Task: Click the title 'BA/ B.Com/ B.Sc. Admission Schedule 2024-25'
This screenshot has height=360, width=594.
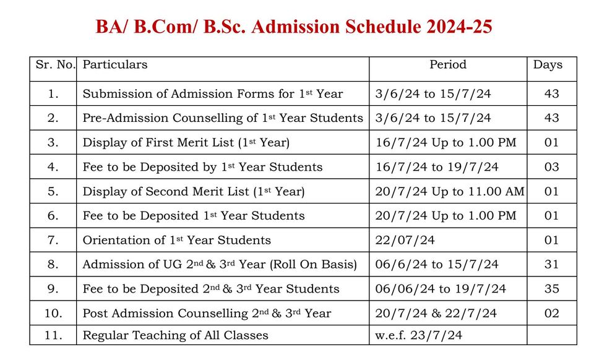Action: [x=294, y=27]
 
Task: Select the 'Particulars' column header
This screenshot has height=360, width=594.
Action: [x=115, y=65]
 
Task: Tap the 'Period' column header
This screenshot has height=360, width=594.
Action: [x=448, y=65]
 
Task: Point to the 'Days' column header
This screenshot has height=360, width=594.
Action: [x=548, y=65]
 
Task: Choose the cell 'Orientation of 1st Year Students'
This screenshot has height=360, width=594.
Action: [x=177, y=240]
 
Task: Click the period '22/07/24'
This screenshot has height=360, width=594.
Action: [x=405, y=240]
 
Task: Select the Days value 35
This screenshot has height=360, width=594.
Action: [x=551, y=289]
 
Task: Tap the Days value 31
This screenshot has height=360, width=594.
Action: [x=551, y=264]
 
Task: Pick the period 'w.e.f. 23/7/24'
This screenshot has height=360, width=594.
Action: [x=418, y=336]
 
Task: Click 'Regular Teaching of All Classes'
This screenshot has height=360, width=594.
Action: [x=176, y=336]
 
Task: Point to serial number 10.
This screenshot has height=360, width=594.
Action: [x=53, y=314]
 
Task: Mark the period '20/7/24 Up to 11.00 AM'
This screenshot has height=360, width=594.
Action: [x=449, y=191]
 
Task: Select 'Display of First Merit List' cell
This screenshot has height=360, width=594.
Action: [x=186, y=142]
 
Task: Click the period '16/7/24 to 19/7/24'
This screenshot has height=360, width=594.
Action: [x=437, y=167]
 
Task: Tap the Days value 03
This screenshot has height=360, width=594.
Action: [x=551, y=167]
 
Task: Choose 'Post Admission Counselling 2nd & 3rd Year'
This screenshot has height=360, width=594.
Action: [x=207, y=314]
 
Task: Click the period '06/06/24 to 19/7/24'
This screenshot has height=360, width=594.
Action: [x=441, y=289]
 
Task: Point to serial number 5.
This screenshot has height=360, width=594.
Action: [x=53, y=191]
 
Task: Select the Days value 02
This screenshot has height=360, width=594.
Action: [x=551, y=314]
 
